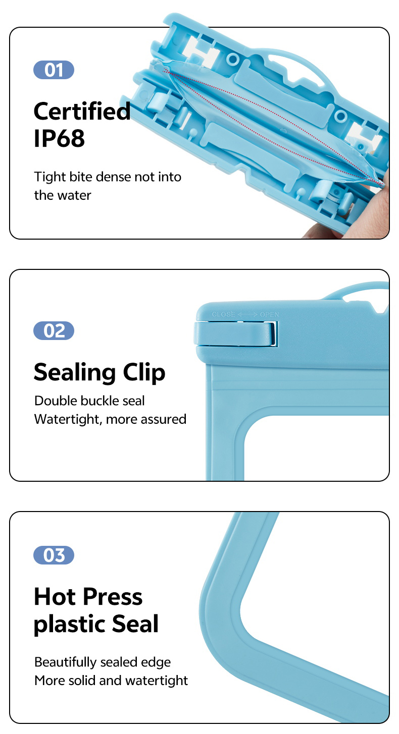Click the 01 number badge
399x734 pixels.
pos(54,70)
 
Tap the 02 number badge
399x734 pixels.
pos(54,330)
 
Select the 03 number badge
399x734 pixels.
pos(54,555)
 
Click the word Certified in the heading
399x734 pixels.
pos(82,111)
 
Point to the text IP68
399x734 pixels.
pos(60,138)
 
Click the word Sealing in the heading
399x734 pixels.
pos(75,373)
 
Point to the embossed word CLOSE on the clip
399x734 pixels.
pos(223,315)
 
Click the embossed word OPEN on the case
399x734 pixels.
pos(269,315)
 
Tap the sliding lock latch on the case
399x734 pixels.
pos(235,333)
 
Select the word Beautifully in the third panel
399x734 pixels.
pos(66,662)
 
